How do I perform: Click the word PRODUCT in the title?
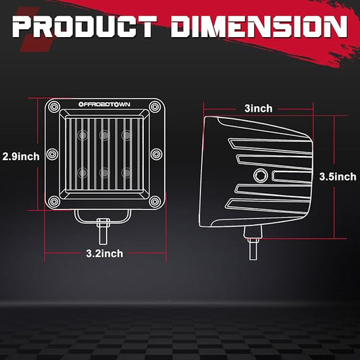point(84,26)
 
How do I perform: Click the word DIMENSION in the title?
point(259,26)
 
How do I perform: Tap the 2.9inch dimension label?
point(21,157)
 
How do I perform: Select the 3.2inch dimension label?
point(105,253)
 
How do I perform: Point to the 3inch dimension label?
point(258,108)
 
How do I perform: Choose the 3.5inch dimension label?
point(338,176)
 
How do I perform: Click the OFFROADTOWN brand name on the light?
point(104,105)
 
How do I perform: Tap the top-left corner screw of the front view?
point(54,107)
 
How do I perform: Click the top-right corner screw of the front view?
point(155,107)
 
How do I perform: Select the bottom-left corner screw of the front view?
point(54,201)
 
